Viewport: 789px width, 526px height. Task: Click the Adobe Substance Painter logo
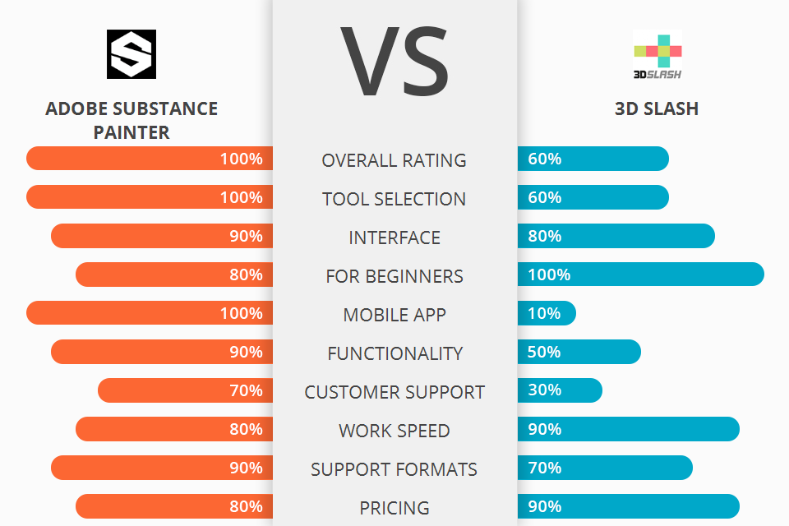(x=131, y=54)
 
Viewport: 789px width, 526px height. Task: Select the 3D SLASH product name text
(x=657, y=108)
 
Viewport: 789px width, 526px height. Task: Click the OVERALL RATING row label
(x=394, y=160)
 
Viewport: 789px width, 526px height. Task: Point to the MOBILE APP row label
(x=394, y=315)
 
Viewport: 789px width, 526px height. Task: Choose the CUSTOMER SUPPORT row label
(x=394, y=392)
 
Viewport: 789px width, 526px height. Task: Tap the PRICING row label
(x=394, y=508)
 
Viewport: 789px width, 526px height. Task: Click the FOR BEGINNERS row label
(x=394, y=276)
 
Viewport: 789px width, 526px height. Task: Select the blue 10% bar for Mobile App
(x=547, y=313)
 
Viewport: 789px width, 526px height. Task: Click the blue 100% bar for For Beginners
(x=641, y=275)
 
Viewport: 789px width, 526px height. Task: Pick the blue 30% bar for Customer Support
(x=560, y=390)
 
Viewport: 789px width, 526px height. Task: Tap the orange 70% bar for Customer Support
(x=185, y=390)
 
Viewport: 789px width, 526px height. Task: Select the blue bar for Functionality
(x=579, y=352)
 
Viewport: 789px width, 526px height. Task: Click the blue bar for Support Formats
(x=605, y=468)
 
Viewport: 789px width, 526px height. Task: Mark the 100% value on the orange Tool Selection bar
(x=241, y=197)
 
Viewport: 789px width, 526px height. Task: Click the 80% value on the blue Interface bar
(x=545, y=236)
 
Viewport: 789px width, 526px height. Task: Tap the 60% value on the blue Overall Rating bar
(x=545, y=159)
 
